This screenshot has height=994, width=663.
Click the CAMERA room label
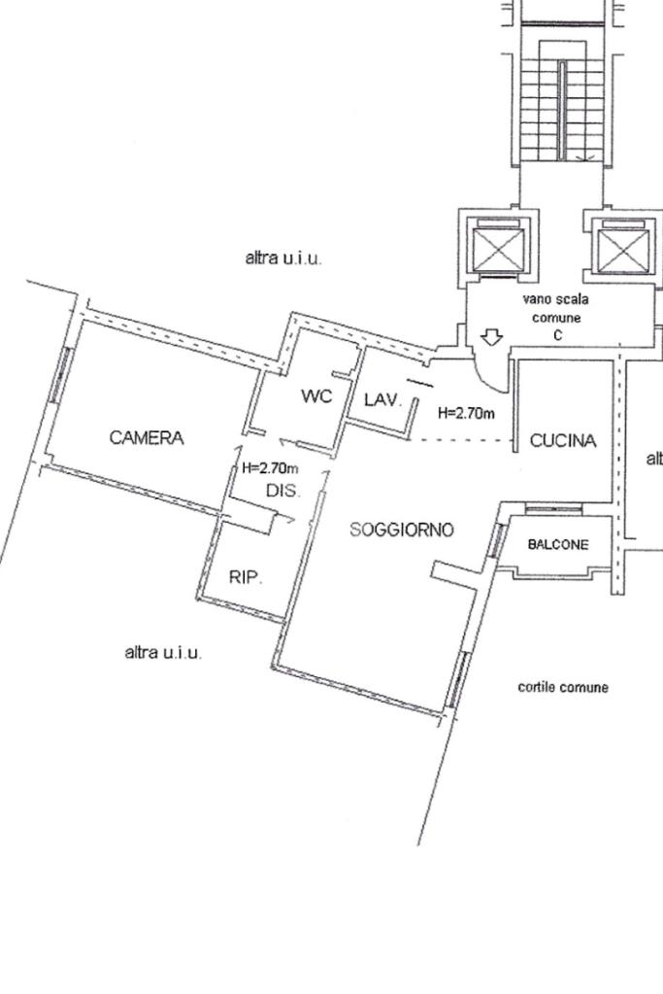pyautogui.click(x=147, y=438)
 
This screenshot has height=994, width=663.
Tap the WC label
pyautogui.click(x=316, y=396)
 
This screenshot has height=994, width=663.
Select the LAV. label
pyautogui.click(x=382, y=399)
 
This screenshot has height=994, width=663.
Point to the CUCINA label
pyautogui.click(x=563, y=441)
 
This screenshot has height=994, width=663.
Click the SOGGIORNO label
pyautogui.click(x=401, y=530)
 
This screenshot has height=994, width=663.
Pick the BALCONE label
pyautogui.click(x=558, y=545)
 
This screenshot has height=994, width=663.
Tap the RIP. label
pyautogui.click(x=246, y=577)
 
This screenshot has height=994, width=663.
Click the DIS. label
pyautogui.click(x=283, y=492)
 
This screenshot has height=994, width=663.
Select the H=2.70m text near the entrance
pyautogui.click(x=467, y=413)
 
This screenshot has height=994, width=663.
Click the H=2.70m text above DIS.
pyautogui.click(x=270, y=468)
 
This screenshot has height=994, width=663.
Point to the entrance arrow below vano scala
pyautogui.click(x=491, y=337)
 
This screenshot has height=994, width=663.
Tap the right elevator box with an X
pyautogui.click(x=621, y=250)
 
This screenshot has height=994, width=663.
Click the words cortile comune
pyautogui.click(x=563, y=688)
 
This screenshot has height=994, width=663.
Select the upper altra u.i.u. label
pyautogui.click(x=283, y=259)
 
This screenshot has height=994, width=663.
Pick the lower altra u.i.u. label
pyautogui.click(x=164, y=653)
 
